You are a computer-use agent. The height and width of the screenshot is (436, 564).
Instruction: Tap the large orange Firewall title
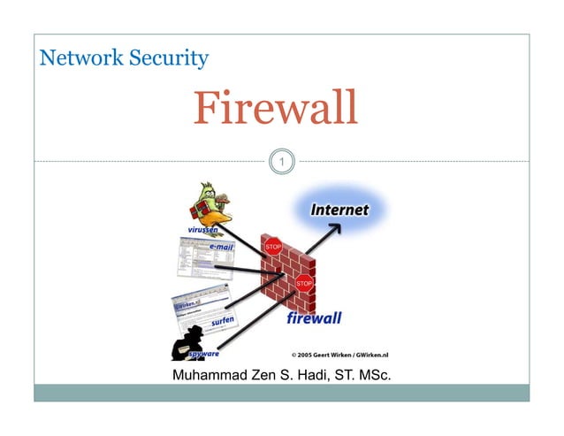tap(276, 108)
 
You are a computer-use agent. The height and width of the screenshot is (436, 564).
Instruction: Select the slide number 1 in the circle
tap(281, 162)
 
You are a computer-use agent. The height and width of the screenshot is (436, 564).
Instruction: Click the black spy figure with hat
tap(185, 336)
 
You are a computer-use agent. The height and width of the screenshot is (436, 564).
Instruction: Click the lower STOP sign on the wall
tap(303, 283)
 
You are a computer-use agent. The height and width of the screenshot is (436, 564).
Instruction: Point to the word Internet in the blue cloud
tap(339, 210)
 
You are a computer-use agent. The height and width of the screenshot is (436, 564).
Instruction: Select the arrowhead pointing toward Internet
tap(336, 229)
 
